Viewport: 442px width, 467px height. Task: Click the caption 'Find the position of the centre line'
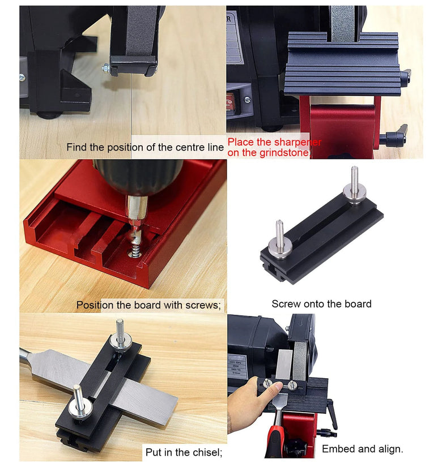pos(145,147)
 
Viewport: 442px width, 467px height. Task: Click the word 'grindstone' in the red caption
pos(285,153)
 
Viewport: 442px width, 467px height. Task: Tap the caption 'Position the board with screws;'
pos(148,305)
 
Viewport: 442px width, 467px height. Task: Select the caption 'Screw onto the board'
pos(321,304)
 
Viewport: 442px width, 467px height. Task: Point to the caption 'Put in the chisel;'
pos(184,452)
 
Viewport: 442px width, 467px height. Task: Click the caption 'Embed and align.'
pos(362,448)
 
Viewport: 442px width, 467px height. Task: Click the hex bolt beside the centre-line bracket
pos(106,69)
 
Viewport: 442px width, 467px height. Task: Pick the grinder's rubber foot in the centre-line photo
pos(49,114)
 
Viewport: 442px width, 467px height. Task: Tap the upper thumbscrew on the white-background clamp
pos(354,187)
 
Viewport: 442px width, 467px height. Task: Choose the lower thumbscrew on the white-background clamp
pos(279,241)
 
